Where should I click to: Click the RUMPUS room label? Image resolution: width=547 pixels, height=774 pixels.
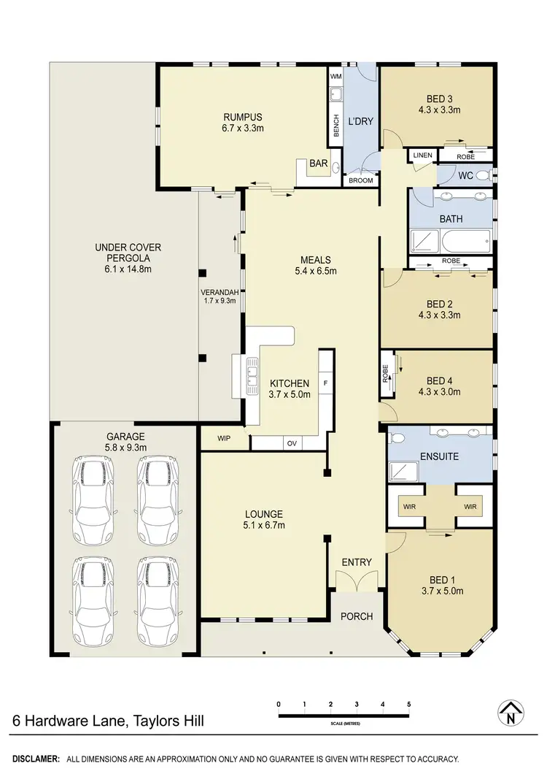click(x=243, y=117)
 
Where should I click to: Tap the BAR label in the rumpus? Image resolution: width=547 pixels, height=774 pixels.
click(x=318, y=164)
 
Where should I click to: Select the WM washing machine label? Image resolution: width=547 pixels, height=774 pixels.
click(x=336, y=77)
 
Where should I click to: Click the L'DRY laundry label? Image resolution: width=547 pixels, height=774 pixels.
click(x=360, y=121)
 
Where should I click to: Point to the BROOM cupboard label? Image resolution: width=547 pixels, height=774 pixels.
click(x=361, y=180)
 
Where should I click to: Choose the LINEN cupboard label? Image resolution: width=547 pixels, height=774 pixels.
click(x=422, y=156)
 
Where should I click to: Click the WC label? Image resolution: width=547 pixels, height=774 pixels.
click(x=466, y=176)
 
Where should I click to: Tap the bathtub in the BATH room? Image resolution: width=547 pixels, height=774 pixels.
click(x=459, y=240)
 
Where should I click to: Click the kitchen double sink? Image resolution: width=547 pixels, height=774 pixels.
click(x=252, y=373)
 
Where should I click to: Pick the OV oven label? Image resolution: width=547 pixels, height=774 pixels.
click(x=292, y=443)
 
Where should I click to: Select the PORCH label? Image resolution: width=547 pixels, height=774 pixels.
click(x=357, y=616)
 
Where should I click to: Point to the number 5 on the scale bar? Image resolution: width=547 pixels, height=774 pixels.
click(x=409, y=705)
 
